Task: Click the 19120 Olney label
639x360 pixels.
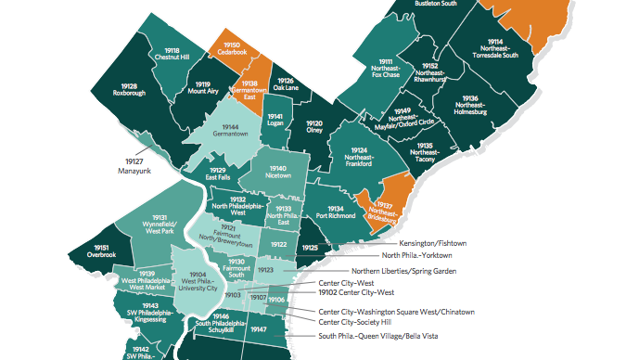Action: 315,127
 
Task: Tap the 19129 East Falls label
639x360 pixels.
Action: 218,174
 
